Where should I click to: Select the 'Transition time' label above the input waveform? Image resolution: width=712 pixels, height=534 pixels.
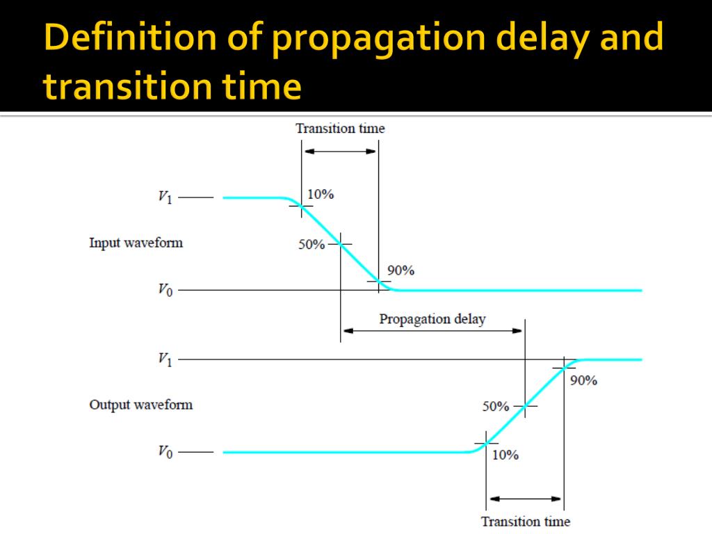click(x=339, y=128)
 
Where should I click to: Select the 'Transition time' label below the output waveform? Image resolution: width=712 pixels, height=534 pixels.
click(x=525, y=521)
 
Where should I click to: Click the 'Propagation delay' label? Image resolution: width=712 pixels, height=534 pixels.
click(x=432, y=319)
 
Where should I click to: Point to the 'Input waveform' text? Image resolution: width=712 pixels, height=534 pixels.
click(x=136, y=243)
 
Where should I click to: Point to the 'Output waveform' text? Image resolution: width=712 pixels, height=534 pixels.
click(x=140, y=405)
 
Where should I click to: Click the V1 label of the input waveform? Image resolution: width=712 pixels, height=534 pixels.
click(x=165, y=197)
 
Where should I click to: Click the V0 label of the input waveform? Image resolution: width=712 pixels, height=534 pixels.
click(x=165, y=290)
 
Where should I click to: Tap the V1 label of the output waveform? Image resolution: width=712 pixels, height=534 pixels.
click(x=165, y=359)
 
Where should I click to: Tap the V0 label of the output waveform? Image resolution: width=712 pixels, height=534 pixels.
click(x=165, y=452)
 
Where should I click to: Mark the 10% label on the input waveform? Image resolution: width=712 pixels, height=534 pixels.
click(x=321, y=195)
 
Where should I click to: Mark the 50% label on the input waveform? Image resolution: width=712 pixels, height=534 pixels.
click(x=312, y=245)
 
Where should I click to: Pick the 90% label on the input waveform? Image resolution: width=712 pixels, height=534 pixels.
click(x=400, y=270)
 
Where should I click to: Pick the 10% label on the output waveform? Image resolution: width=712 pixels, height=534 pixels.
click(x=505, y=455)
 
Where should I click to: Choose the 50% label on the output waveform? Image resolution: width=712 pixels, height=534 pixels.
click(x=496, y=407)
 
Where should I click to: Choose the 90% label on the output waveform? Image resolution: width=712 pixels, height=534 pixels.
click(x=583, y=380)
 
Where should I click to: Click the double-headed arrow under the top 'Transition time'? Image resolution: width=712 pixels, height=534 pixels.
click(x=339, y=151)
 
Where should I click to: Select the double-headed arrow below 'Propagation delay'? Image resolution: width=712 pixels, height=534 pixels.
click(x=432, y=331)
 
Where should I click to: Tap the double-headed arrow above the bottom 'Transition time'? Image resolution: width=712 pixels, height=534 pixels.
click(x=525, y=499)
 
